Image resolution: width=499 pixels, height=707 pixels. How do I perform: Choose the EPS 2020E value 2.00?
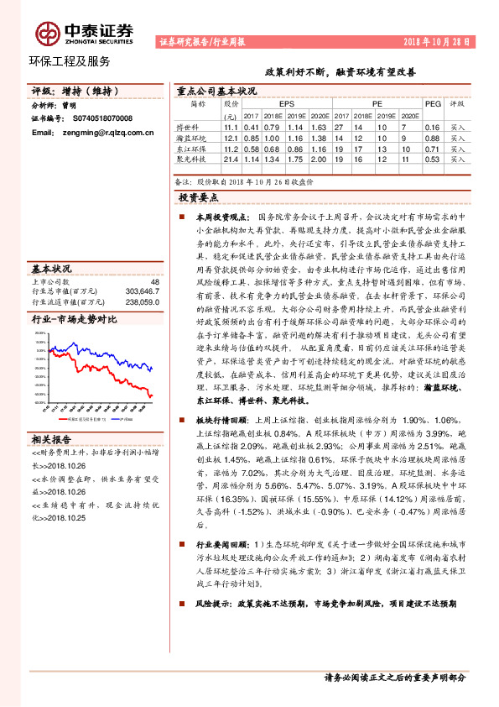click(317, 159)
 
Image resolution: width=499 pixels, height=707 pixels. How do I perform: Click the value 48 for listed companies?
click(153, 283)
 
